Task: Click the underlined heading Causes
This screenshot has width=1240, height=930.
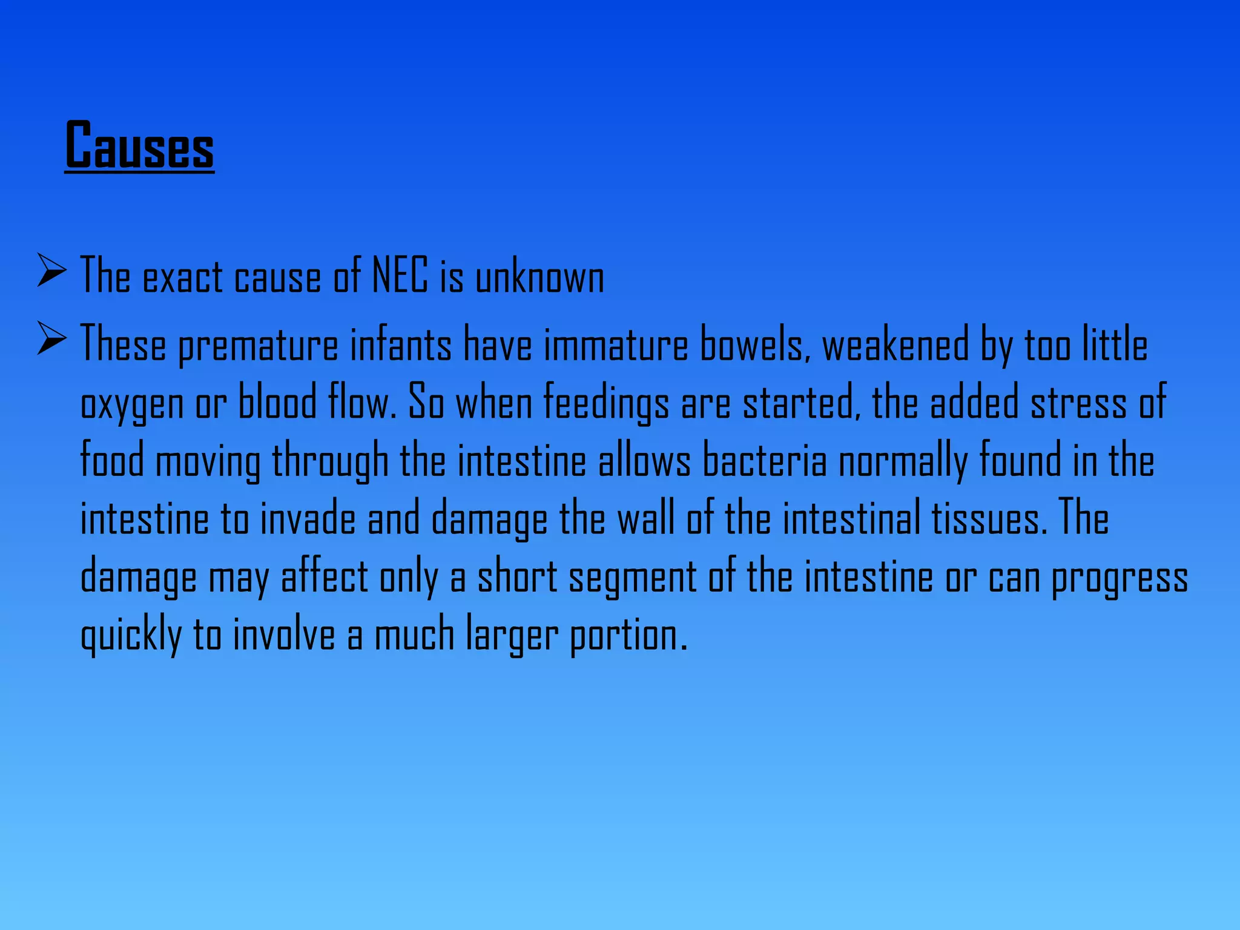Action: (139, 145)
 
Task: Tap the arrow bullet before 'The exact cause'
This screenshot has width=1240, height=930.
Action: (51, 270)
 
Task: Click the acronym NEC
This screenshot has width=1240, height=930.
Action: (400, 275)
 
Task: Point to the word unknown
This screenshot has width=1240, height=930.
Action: (539, 278)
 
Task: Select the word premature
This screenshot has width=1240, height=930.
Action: (258, 346)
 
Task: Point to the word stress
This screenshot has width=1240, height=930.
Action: (1078, 403)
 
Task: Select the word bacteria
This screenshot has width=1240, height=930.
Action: (764, 460)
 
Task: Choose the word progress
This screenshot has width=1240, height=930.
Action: (1120, 578)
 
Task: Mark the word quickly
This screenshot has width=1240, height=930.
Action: (131, 635)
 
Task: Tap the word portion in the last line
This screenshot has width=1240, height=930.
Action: (628, 636)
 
